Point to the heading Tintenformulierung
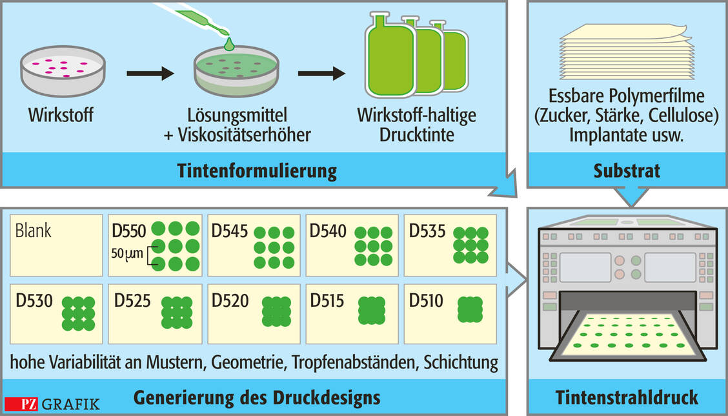click(257, 171)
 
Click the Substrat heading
click(627, 171)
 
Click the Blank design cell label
click(33, 231)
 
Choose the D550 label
click(130, 230)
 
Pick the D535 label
click(428, 231)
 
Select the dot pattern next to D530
click(78, 313)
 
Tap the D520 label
click(230, 301)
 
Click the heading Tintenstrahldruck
click(627, 396)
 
